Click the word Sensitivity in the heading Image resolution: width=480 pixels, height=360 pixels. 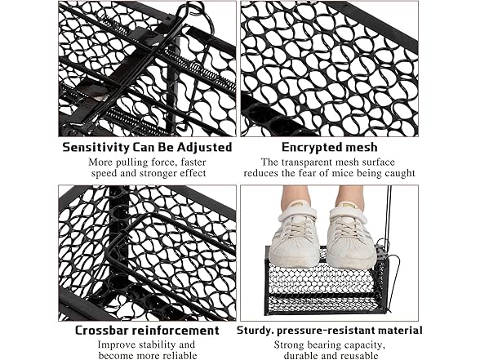pos(96,148)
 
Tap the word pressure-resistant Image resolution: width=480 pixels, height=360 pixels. pos(327,331)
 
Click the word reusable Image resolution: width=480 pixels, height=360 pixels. pos(360,356)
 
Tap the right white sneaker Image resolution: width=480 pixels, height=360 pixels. pos(351,235)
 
